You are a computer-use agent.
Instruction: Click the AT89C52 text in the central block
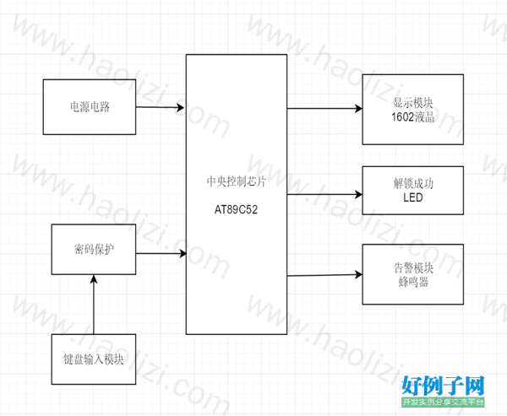[x=236, y=209]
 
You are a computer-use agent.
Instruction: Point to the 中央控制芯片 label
[x=236, y=181]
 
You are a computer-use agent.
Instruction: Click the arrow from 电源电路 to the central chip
[x=160, y=107]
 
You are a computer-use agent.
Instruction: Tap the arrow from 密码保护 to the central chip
[x=161, y=253]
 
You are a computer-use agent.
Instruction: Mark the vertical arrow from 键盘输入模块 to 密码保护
[x=94, y=305]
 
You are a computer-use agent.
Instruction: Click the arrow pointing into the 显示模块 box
[x=324, y=109]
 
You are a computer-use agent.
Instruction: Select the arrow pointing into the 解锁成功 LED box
[x=324, y=194]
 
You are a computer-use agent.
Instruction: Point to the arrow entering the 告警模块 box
[x=324, y=275]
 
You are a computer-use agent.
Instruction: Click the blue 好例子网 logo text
[x=443, y=386]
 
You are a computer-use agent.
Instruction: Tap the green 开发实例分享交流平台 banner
[x=443, y=402]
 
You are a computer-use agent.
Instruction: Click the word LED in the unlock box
[x=413, y=197]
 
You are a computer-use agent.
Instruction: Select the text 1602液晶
[x=413, y=117]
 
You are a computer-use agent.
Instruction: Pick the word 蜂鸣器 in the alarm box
[x=413, y=282]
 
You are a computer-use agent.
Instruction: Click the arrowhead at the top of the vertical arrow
[x=94, y=279]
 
